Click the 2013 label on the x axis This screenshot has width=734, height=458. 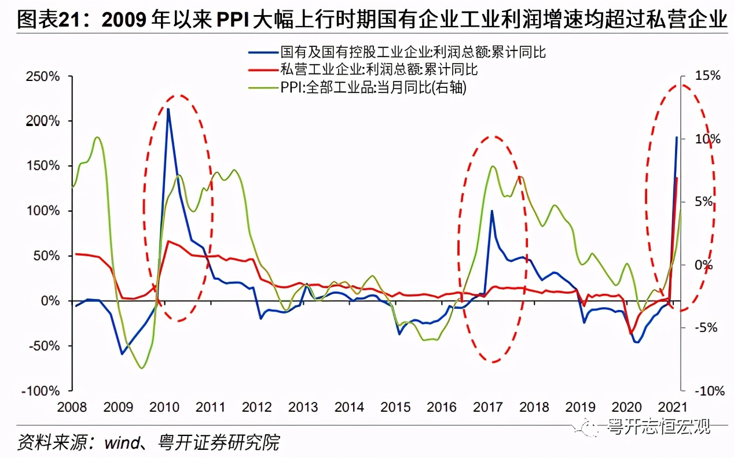[303, 407]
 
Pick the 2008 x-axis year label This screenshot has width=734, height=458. [73, 407]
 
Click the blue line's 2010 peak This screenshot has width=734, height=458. [168, 109]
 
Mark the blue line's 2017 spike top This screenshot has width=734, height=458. [491, 211]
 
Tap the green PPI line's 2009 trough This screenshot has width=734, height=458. [142, 368]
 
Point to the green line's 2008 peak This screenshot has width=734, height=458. [97, 138]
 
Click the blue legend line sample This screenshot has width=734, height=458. [262, 53]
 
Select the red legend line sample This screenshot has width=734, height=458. [262, 70]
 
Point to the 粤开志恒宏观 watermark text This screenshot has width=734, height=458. [660, 427]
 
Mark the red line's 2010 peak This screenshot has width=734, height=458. [168, 241]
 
